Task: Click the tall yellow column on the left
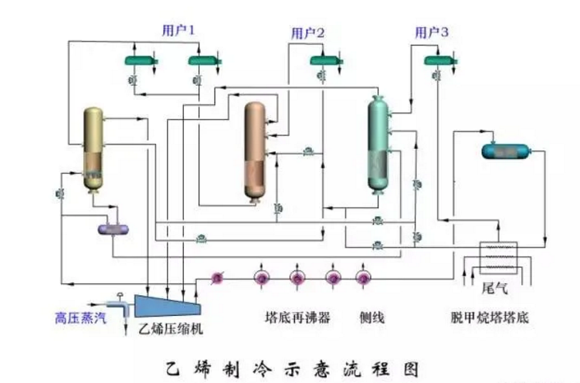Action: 93,149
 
